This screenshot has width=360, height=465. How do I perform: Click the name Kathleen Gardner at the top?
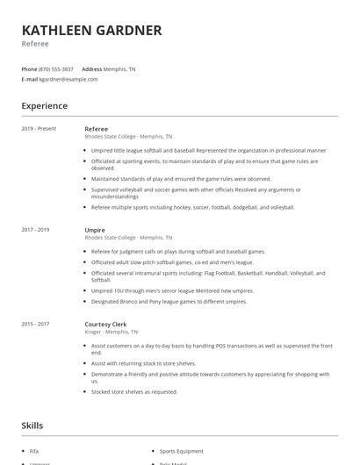tap(91, 31)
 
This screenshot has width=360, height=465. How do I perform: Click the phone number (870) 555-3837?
tap(56, 69)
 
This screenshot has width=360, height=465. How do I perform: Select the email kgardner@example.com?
tap(68, 79)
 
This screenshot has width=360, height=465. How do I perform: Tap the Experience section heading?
tap(44, 106)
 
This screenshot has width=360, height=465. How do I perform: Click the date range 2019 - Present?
tap(39, 129)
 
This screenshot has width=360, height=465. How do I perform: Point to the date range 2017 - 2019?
tap(35, 230)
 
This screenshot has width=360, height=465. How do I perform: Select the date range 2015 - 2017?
tap(35, 324)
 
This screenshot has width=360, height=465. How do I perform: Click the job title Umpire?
tap(95, 230)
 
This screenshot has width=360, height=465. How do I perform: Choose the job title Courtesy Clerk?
tap(106, 324)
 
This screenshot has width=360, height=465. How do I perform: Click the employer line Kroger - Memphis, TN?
tap(111, 332)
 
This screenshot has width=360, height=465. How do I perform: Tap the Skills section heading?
tap(32, 426)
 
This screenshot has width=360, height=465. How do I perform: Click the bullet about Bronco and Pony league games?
tap(169, 301)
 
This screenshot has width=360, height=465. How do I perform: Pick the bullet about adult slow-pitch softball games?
tap(172, 261)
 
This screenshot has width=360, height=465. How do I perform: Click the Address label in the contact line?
tap(91, 69)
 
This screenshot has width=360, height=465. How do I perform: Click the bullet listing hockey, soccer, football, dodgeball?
tap(192, 207)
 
